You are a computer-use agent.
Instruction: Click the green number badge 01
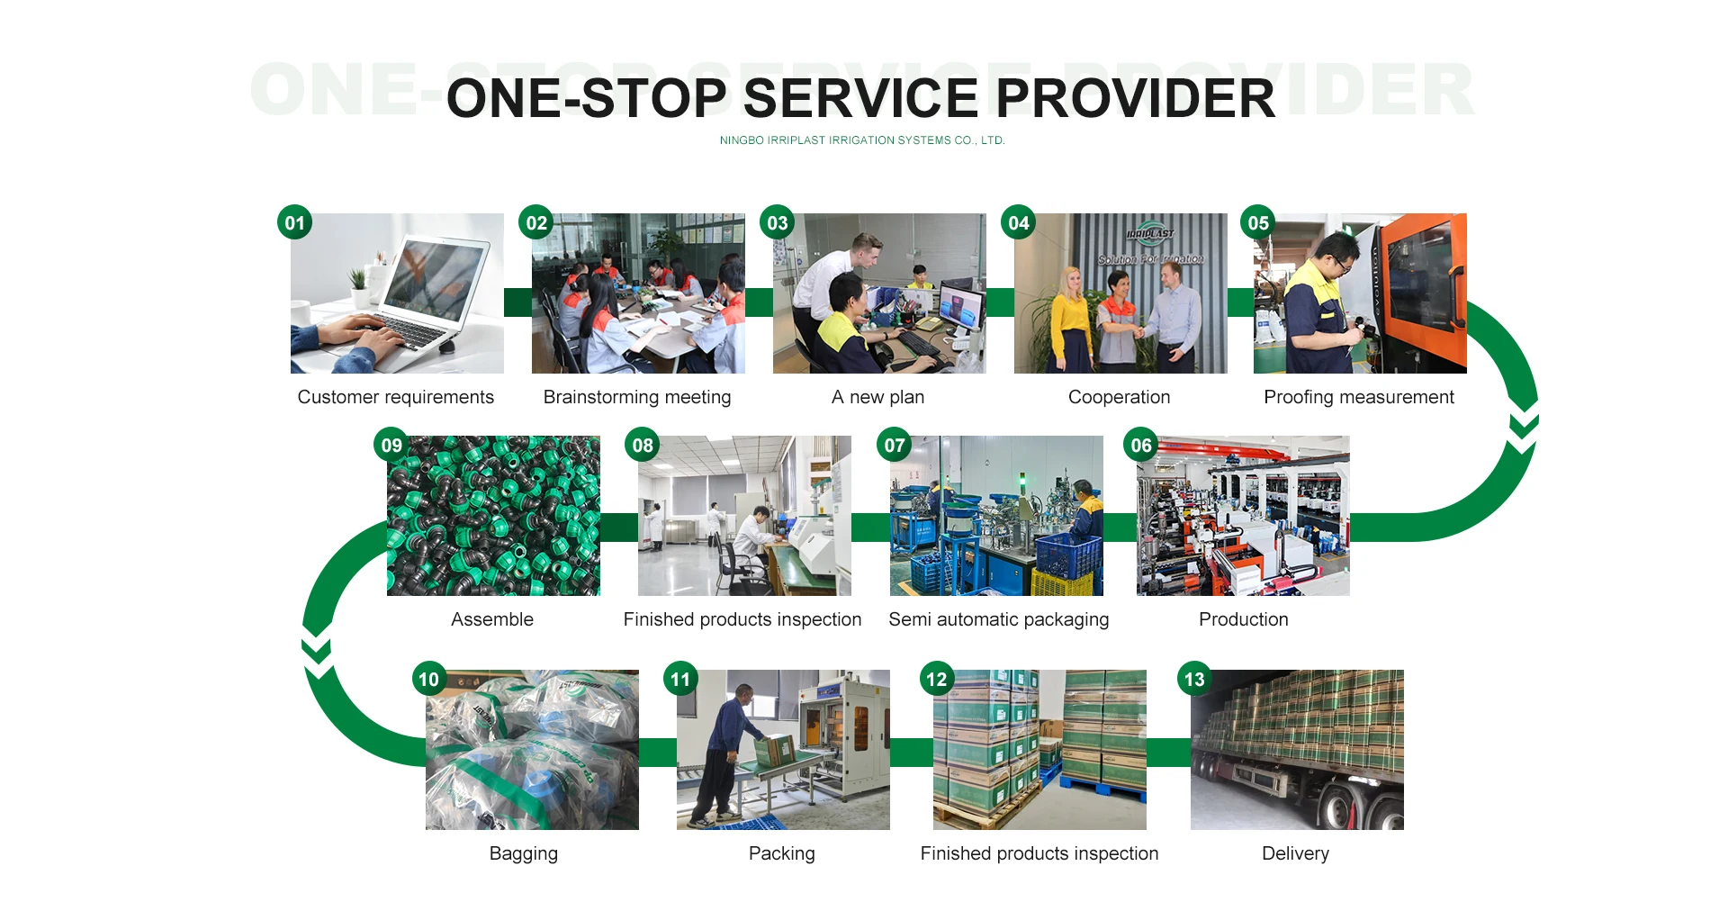tap(295, 222)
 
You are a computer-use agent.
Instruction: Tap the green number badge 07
tap(895, 445)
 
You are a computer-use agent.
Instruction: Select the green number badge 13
tap(1194, 679)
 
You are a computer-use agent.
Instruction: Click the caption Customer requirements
tap(396, 397)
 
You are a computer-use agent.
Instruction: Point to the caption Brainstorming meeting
tap(637, 397)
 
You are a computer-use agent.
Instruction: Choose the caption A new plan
tap(878, 397)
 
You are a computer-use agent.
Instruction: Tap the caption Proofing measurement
tap(1359, 397)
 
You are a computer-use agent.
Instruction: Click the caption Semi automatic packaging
tap(999, 619)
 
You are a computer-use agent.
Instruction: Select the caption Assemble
tap(492, 619)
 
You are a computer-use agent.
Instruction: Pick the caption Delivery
tap(1296, 853)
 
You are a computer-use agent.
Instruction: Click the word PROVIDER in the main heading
tap(1136, 98)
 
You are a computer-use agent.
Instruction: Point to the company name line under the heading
tap(862, 140)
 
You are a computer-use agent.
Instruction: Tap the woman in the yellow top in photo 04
tap(1071, 320)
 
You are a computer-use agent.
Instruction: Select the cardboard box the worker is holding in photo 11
tap(776, 750)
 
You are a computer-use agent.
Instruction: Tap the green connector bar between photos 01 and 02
tap(517, 302)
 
